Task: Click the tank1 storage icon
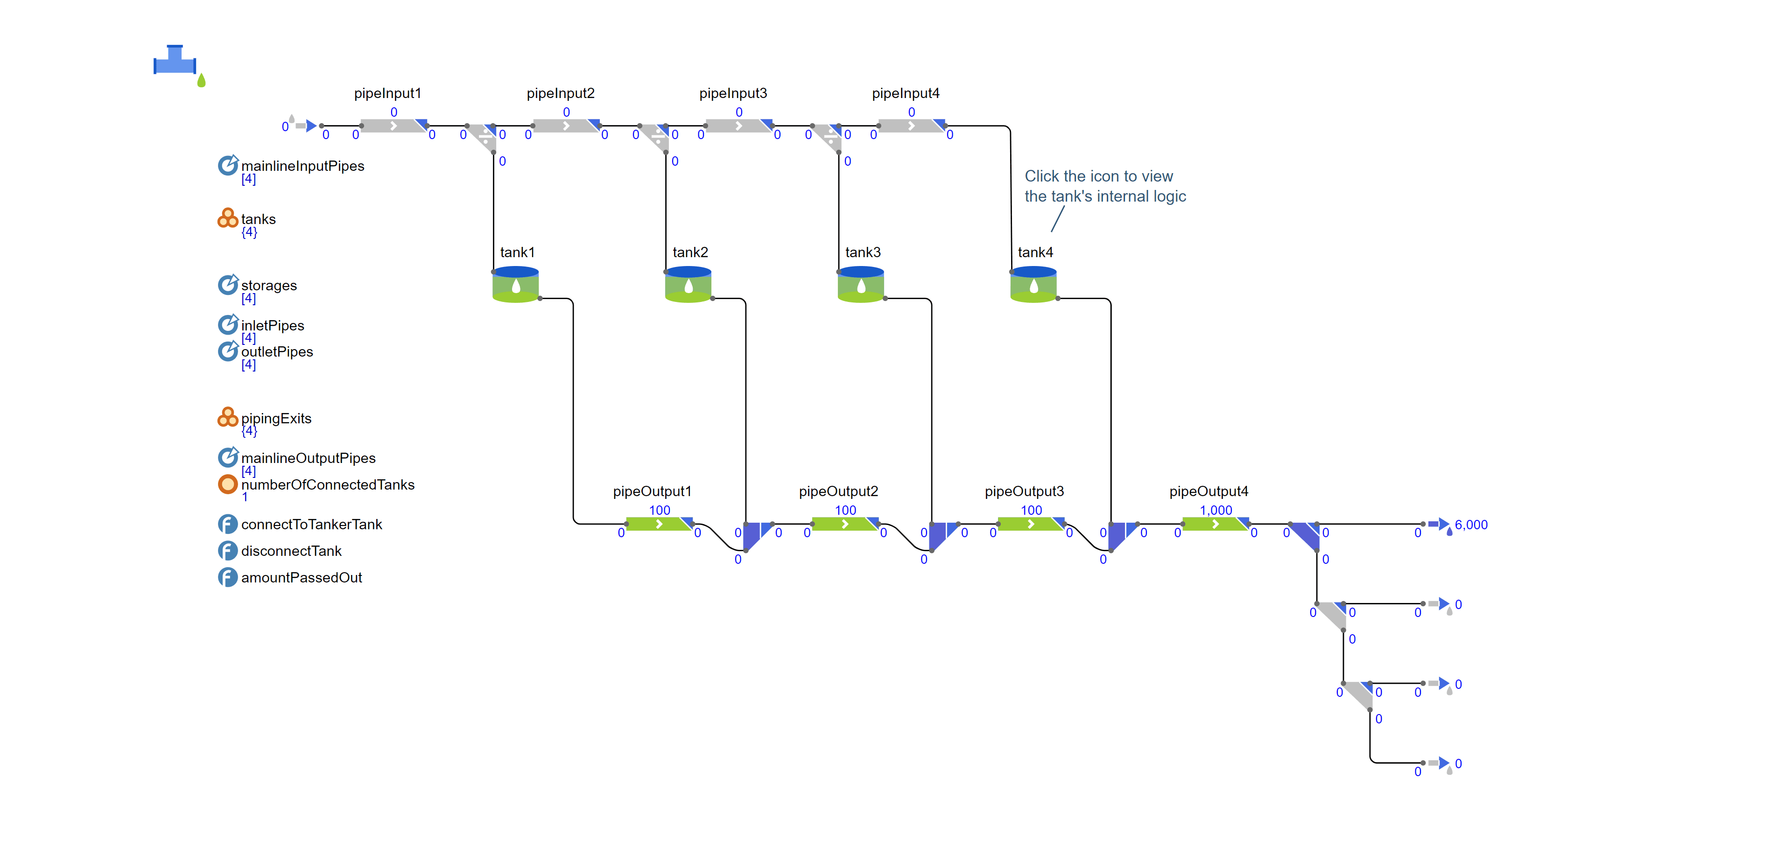click(x=515, y=284)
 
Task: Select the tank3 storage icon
click(x=861, y=284)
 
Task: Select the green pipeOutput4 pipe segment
click(x=1216, y=524)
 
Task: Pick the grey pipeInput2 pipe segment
click(x=565, y=126)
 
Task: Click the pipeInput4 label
click(x=905, y=93)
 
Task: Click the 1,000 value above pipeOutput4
click(x=1216, y=510)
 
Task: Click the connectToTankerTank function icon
click(x=227, y=524)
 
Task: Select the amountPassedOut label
click(x=302, y=577)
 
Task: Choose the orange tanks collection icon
click(x=227, y=218)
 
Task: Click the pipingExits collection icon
click(x=227, y=417)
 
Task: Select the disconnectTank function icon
click(x=227, y=551)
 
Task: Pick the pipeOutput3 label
click(x=1024, y=491)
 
